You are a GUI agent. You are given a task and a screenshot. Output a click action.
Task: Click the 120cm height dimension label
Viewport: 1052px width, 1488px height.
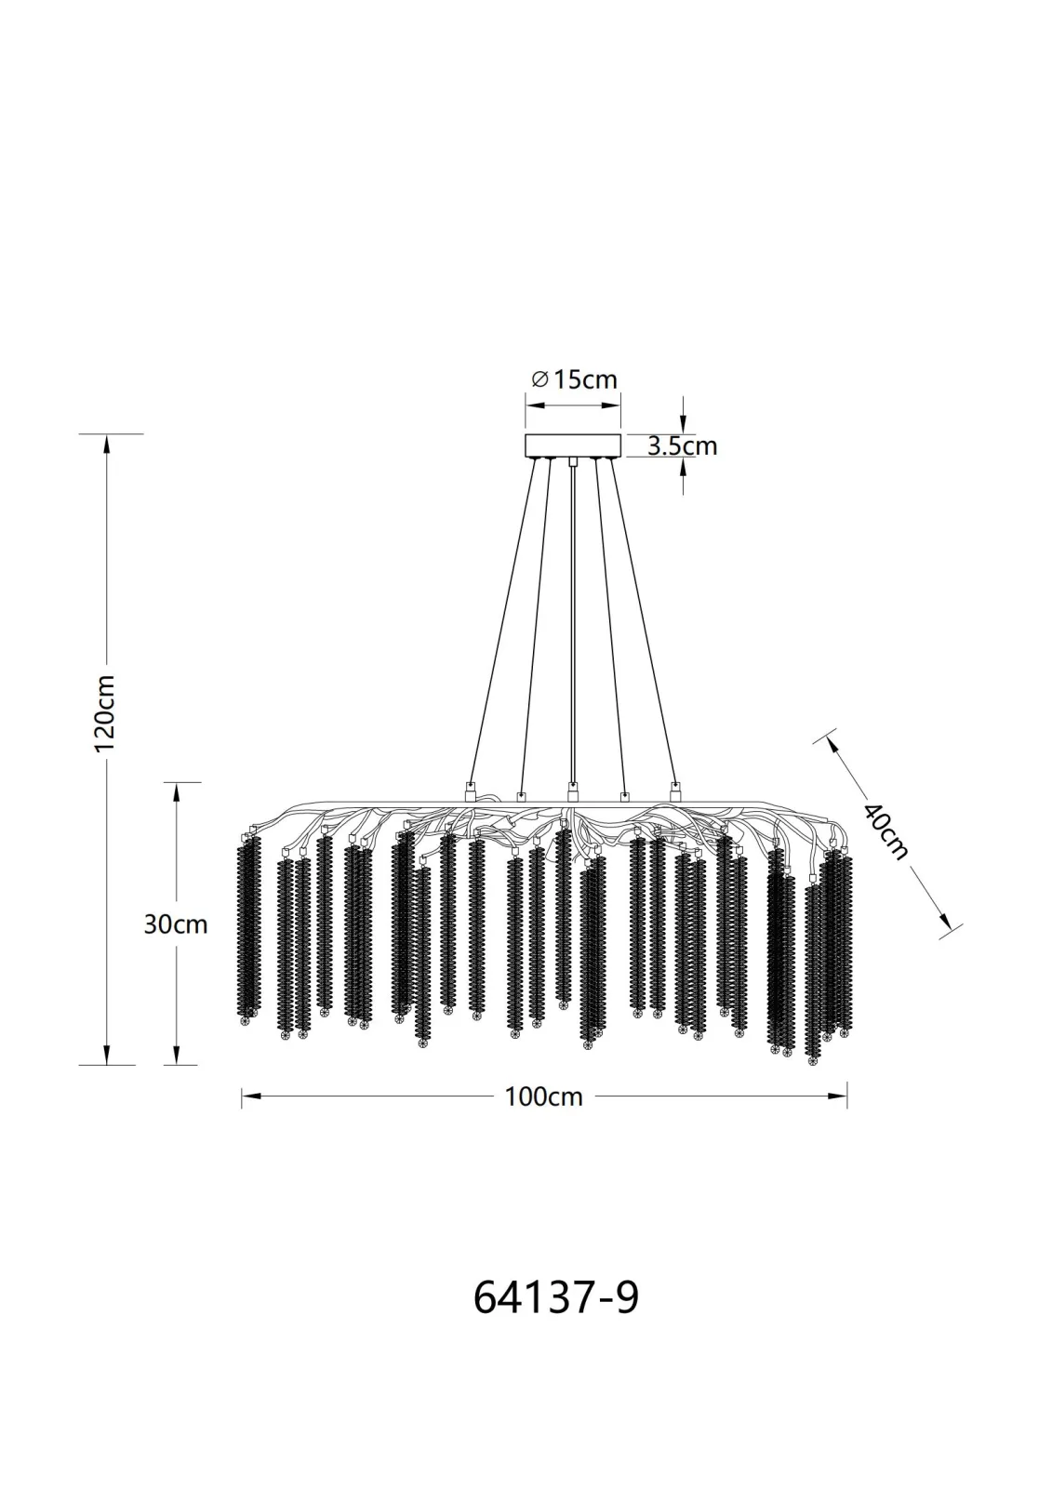pyautogui.click(x=106, y=712)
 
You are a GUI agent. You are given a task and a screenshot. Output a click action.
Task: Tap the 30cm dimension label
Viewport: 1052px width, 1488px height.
pyautogui.click(x=176, y=924)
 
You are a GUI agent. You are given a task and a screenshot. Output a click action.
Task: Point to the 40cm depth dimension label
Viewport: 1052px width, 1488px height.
pyautogui.click(x=886, y=832)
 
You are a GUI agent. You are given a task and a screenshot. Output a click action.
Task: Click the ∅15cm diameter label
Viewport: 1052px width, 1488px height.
pyautogui.click(x=574, y=379)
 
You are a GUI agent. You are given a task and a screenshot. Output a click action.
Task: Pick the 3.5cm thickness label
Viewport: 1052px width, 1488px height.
pyautogui.click(x=683, y=445)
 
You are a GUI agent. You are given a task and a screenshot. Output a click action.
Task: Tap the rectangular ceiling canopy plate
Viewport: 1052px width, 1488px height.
pyautogui.click(x=573, y=445)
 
